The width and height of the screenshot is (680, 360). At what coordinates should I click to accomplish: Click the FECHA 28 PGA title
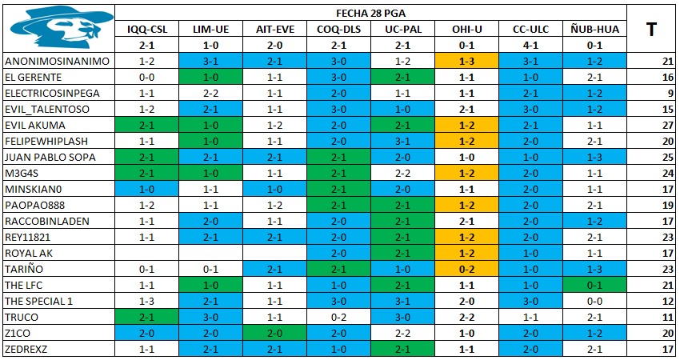(x=370, y=14)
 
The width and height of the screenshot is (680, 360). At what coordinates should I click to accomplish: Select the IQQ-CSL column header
(x=147, y=30)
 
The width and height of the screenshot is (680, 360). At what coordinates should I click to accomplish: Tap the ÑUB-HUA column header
(x=594, y=30)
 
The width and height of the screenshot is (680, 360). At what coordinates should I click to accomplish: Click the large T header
(x=651, y=30)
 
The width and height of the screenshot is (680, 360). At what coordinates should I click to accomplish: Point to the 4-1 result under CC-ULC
(x=531, y=46)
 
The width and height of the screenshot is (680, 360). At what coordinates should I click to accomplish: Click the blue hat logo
(x=61, y=27)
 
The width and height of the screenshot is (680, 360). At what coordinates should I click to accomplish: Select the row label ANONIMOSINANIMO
(x=58, y=61)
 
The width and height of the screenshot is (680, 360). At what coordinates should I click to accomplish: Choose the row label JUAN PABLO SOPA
(x=50, y=157)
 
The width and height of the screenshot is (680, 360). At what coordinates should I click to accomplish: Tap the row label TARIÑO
(x=24, y=269)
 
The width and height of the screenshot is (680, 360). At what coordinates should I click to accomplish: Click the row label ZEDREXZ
(x=26, y=349)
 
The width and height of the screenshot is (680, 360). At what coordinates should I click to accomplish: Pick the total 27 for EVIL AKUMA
(x=668, y=126)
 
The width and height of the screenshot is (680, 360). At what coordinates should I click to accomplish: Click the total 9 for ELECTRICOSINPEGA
(x=671, y=94)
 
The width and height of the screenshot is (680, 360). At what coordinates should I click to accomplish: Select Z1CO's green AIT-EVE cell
(x=275, y=333)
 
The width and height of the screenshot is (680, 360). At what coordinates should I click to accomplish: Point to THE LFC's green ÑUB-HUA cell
(x=594, y=285)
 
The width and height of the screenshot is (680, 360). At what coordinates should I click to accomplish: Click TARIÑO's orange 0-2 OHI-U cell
(x=467, y=269)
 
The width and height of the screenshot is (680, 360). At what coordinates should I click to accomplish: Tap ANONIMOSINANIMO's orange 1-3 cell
(x=467, y=61)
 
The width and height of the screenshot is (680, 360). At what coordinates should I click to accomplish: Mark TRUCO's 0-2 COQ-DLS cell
(x=338, y=317)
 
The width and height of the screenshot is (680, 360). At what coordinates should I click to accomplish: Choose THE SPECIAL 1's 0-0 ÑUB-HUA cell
(x=594, y=301)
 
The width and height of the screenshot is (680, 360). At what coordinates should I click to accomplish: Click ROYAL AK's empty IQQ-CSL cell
(x=146, y=253)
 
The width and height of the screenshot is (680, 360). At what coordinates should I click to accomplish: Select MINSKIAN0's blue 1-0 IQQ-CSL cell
(x=146, y=189)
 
